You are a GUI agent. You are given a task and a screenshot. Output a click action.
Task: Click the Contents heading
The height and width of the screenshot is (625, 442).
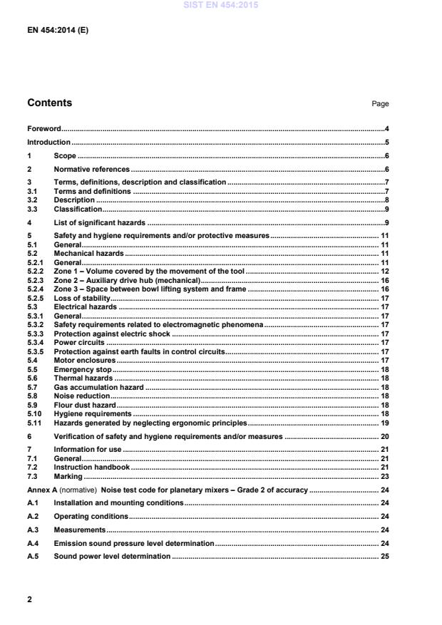click(x=49, y=103)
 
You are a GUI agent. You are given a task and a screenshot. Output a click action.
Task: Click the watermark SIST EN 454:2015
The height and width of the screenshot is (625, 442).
click(x=220, y=5)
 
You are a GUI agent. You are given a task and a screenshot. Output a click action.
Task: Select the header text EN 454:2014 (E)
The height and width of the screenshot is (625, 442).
click(x=58, y=31)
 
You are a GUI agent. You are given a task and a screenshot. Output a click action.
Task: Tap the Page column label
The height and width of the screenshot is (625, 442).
click(x=380, y=104)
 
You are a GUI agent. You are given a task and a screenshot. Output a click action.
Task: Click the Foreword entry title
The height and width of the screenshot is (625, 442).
click(x=43, y=129)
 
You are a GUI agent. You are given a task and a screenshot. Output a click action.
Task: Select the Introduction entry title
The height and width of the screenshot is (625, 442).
click(x=48, y=142)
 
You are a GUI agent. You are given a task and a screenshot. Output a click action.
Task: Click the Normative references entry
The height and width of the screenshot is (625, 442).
click(x=91, y=169)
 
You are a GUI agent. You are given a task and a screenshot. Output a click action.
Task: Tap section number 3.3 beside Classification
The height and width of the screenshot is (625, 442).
click(x=33, y=210)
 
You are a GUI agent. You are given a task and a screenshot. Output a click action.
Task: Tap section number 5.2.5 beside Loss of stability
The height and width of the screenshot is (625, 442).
click(x=36, y=298)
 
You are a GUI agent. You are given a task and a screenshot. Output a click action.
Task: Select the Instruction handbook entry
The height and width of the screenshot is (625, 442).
click(x=91, y=467)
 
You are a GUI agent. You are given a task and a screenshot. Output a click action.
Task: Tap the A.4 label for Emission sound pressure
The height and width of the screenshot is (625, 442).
click(x=33, y=543)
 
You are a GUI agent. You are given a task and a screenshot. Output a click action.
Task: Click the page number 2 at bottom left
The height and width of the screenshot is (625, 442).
click(x=29, y=599)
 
